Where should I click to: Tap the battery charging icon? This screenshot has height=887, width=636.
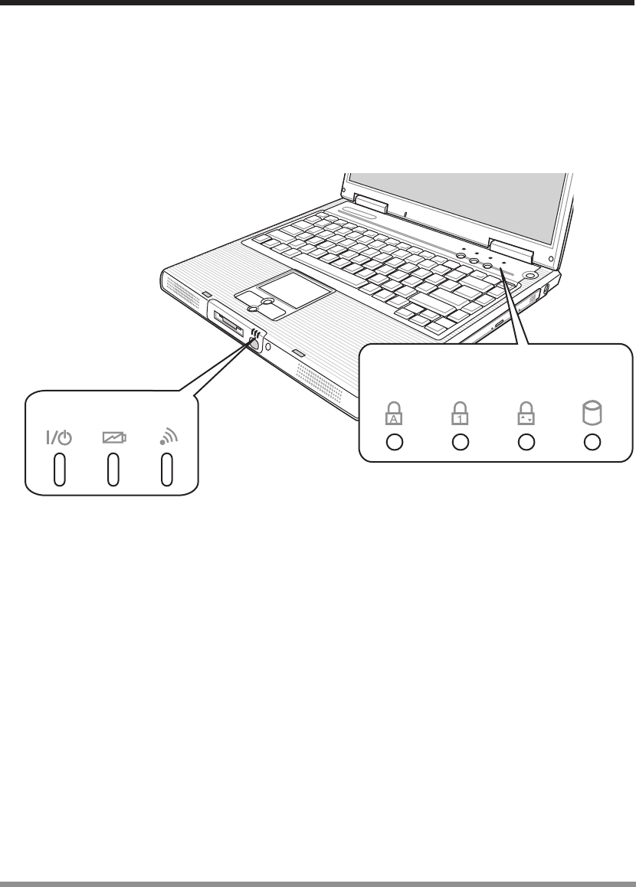point(113,438)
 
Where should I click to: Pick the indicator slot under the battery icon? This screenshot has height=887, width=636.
point(113,470)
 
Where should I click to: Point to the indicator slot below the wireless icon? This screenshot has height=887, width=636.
point(166,470)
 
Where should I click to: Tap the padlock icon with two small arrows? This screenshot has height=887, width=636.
point(526,414)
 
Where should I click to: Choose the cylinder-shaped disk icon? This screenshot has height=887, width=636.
point(592,414)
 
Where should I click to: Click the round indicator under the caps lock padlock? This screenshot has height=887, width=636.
point(394,443)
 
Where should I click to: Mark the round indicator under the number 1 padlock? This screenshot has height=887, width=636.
point(460,443)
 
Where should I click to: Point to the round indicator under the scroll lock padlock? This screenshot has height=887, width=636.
point(526,443)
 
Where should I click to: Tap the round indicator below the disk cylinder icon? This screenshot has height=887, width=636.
point(592,443)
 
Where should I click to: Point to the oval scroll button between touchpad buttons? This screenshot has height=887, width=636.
point(266,303)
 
